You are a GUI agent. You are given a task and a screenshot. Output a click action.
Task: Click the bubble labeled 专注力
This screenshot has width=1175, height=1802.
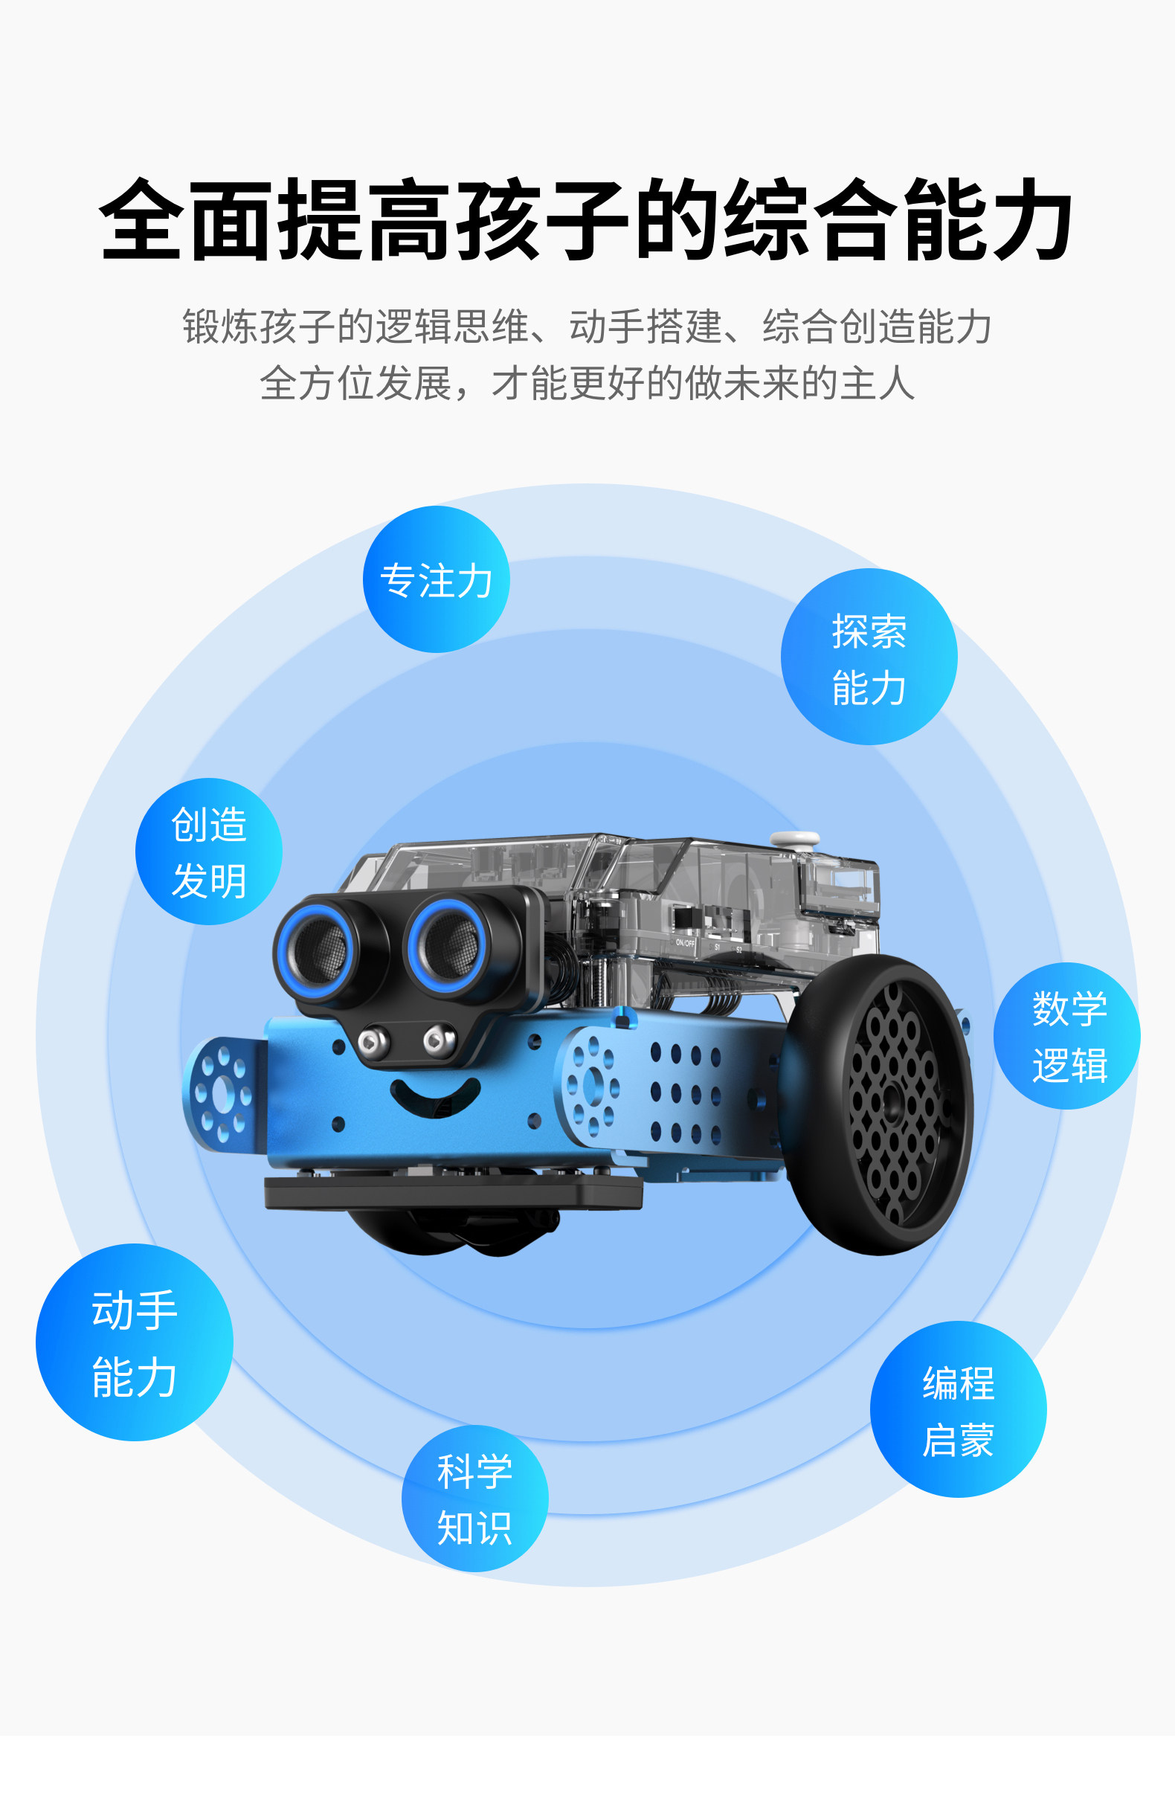(436, 579)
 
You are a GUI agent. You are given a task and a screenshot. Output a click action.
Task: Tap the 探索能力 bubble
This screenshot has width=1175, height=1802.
(869, 657)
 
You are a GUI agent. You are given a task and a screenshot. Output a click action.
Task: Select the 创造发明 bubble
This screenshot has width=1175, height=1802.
(209, 851)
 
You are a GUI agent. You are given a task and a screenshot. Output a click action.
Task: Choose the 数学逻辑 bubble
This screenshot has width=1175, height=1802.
(1066, 1036)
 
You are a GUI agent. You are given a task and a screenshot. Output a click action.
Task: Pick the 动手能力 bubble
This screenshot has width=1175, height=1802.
(134, 1342)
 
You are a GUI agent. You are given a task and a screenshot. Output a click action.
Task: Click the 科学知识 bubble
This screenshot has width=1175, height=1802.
(474, 1499)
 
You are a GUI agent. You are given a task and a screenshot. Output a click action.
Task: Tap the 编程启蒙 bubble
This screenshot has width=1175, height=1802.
(958, 1409)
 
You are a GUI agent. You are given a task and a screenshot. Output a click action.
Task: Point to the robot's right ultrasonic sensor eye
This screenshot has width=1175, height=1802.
(448, 942)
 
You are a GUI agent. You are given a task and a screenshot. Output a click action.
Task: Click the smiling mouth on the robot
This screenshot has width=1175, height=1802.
(434, 1095)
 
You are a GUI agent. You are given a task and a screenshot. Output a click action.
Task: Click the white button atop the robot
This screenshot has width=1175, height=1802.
(794, 839)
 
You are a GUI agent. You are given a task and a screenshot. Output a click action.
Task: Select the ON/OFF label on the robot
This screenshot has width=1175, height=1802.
(684, 942)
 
